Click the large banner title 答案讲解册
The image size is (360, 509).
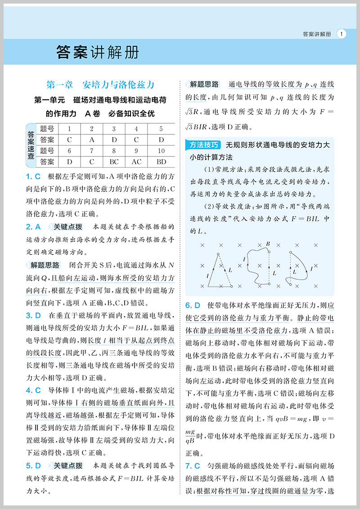[x=98, y=53]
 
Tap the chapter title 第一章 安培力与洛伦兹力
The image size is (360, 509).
[x=101, y=85]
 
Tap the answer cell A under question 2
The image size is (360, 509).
[x=91, y=139]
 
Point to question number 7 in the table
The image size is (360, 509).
[x=91, y=151]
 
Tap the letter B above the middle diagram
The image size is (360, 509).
[x=268, y=244]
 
